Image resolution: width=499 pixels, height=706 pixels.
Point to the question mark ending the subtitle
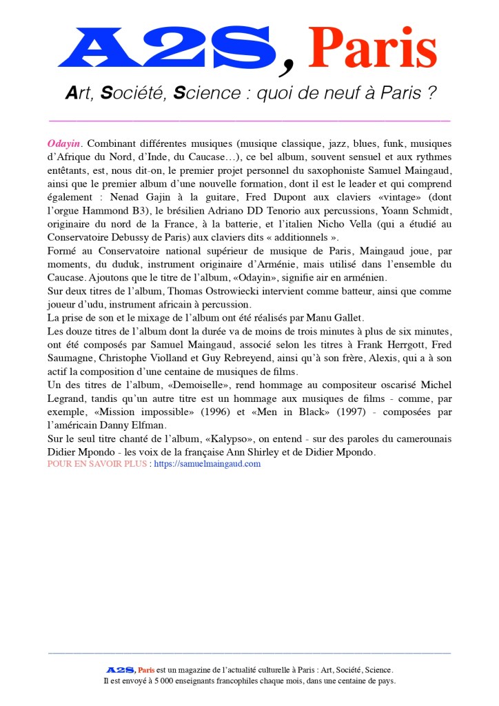coord(432,94)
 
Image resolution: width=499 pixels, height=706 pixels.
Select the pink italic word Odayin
coord(64,143)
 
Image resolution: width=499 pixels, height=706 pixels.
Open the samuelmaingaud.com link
coord(207,464)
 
